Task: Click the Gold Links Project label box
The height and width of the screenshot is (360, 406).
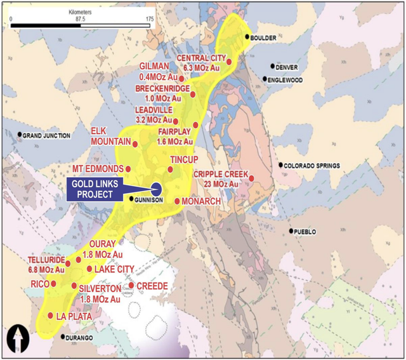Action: tap(95, 189)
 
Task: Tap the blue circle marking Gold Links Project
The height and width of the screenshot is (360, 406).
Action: tap(157, 187)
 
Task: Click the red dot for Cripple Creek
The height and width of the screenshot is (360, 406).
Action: tap(252, 178)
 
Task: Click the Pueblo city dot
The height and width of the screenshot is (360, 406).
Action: tap(292, 231)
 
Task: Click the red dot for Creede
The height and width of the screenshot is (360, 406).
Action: tap(131, 285)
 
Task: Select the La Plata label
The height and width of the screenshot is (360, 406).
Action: tap(74, 316)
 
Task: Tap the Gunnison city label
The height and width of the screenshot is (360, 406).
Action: tap(150, 199)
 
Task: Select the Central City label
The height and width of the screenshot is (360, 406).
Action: tap(202, 58)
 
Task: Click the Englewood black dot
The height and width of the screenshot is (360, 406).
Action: tap(265, 79)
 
